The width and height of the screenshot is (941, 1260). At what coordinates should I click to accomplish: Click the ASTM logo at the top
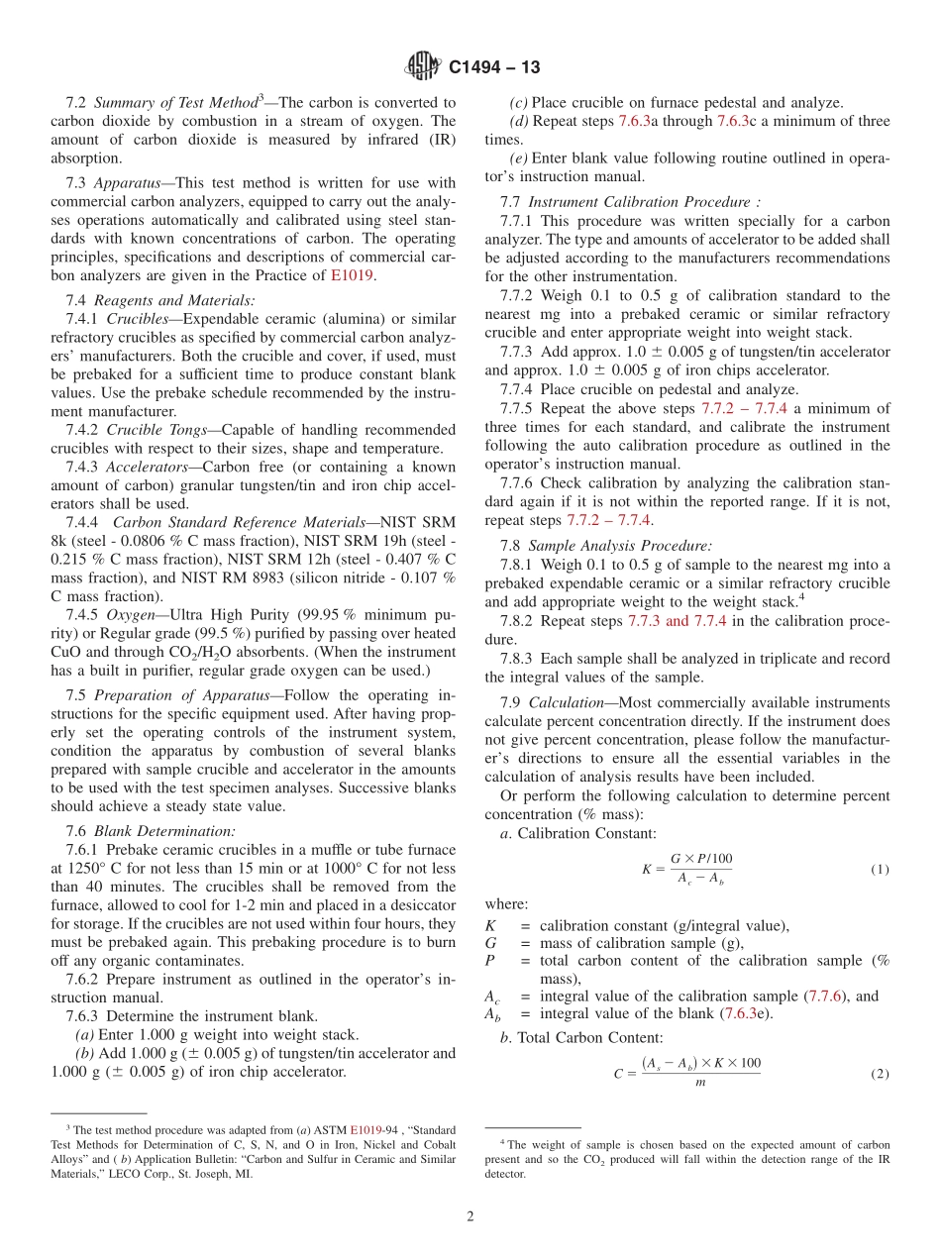point(424,67)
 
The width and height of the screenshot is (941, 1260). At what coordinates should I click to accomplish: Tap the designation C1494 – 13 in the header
point(494,68)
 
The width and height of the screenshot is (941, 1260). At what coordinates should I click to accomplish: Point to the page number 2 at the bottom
point(470,1216)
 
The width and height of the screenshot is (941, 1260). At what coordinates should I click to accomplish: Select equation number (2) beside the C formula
point(880,1074)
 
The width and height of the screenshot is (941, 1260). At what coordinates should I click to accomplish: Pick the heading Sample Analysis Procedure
point(619,545)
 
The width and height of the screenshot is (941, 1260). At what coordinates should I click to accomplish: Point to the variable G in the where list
point(490,943)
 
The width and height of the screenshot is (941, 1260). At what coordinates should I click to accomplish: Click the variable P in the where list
point(489,961)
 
